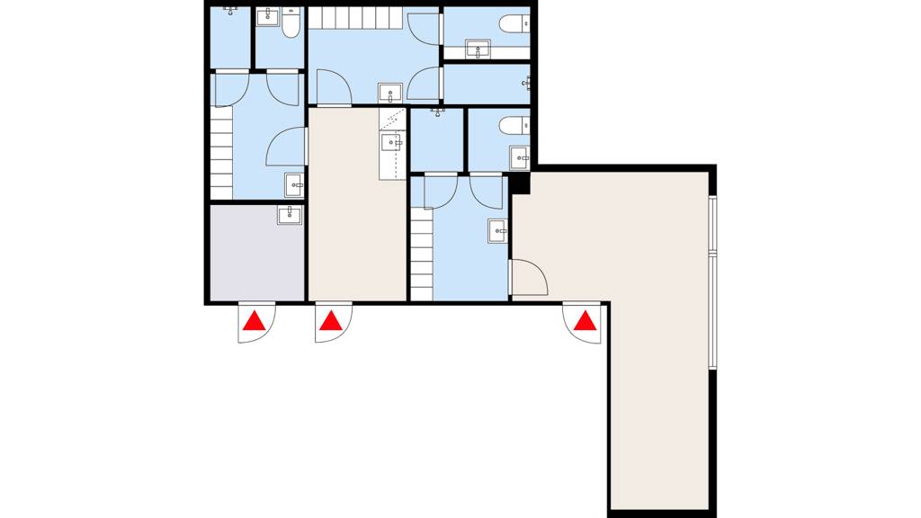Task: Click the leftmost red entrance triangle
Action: (256, 320)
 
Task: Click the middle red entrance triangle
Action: (332, 320)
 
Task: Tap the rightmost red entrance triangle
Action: (586, 320)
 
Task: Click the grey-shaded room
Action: (257, 256)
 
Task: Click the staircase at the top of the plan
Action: (355, 18)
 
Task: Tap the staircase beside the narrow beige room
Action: (422, 252)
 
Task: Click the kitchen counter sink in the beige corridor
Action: (391, 141)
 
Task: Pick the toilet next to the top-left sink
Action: (291, 23)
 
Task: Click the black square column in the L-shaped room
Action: (520, 183)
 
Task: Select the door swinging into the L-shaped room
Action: (529, 277)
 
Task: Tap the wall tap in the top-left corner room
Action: (232, 11)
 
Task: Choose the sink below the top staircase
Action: (390, 93)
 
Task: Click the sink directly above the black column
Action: (521, 158)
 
